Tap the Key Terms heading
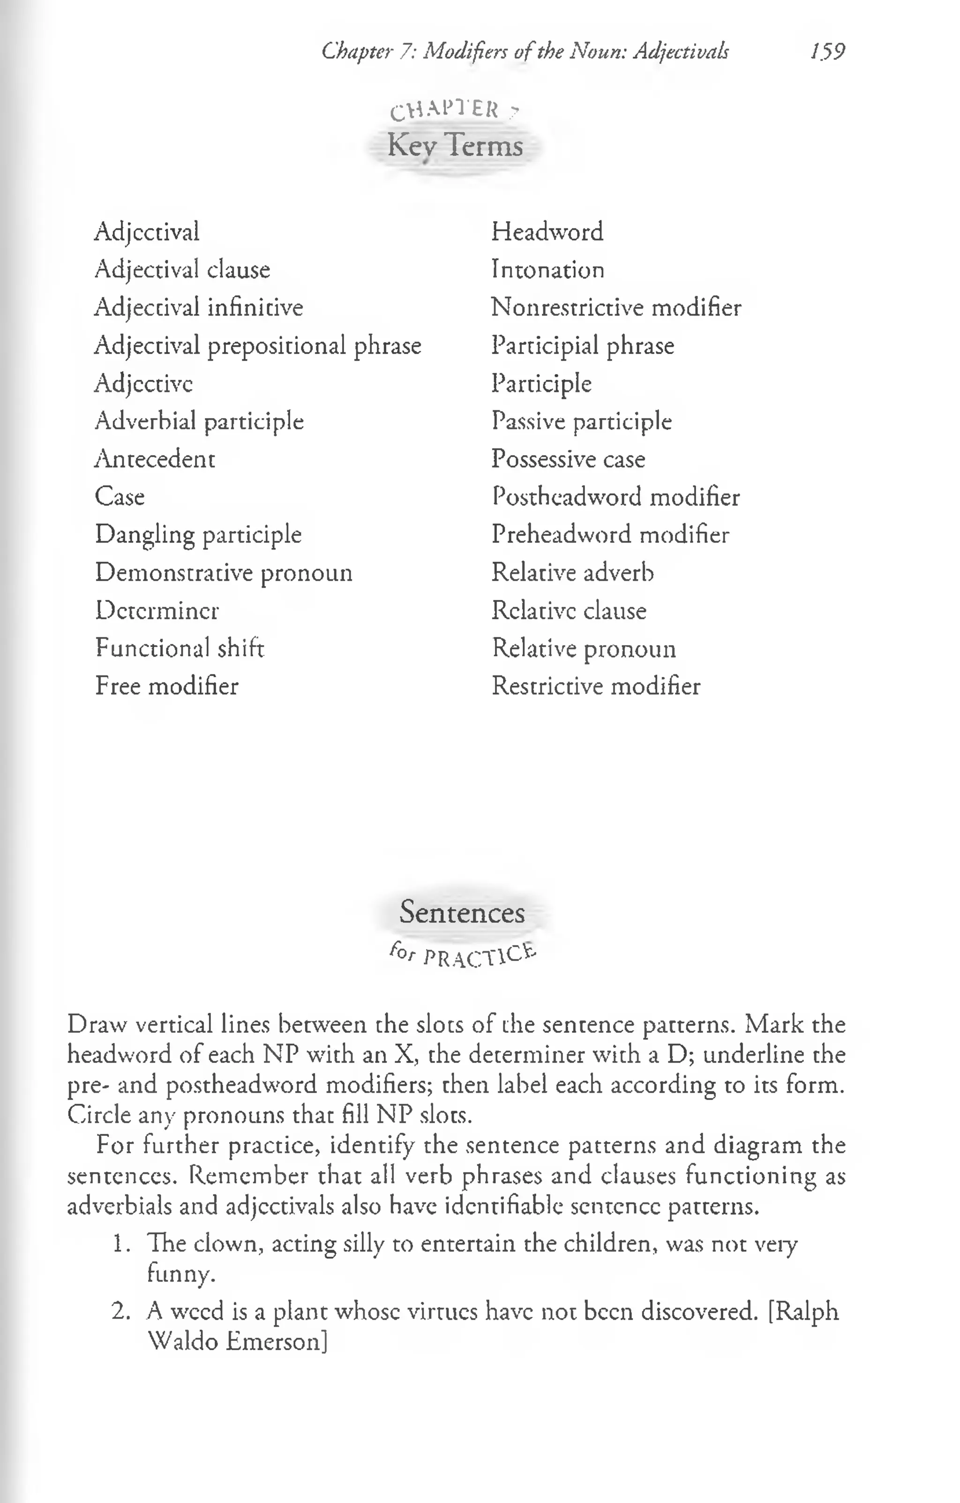(x=455, y=146)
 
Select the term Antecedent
(x=155, y=459)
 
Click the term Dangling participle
(x=198, y=535)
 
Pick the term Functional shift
(x=180, y=648)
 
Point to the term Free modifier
(x=167, y=686)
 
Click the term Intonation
(x=547, y=270)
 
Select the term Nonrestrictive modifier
(x=616, y=308)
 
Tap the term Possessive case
(x=568, y=459)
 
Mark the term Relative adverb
(x=572, y=572)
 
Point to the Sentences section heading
(x=462, y=912)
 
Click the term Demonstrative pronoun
(x=224, y=572)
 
